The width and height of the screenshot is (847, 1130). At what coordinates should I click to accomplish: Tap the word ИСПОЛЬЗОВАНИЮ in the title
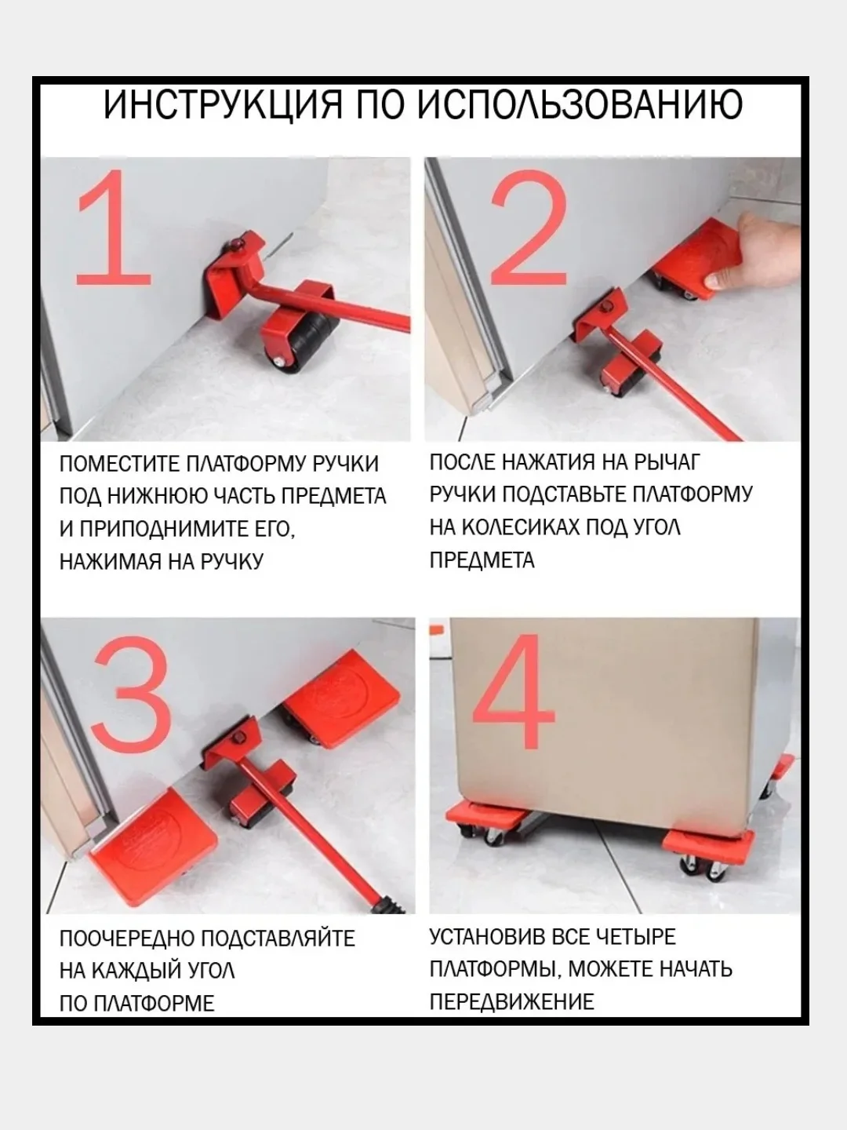pos(579,104)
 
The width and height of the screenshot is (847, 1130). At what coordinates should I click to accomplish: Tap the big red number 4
pos(514,691)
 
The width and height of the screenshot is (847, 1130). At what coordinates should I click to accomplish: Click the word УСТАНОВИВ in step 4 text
pos(487,937)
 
